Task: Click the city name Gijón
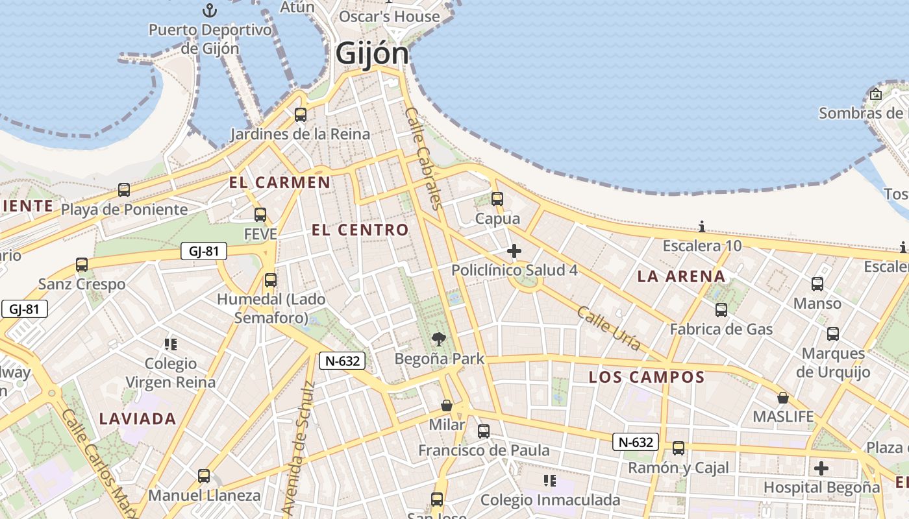tap(372, 54)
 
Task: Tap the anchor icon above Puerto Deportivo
tap(209, 10)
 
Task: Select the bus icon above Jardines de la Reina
tap(300, 115)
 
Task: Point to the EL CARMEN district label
tap(280, 183)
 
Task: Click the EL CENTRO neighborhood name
tap(360, 230)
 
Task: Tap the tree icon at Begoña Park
tap(439, 339)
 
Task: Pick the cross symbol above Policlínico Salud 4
tap(514, 251)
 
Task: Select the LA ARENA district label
tap(681, 276)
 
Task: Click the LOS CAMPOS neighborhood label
tap(647, 377)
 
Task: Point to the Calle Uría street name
tap(608, 328)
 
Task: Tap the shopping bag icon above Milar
tap(447, 405)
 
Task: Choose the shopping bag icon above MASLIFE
tap(783, 398)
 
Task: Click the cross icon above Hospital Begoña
tap(821, 468)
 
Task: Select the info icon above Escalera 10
tap(702, 226)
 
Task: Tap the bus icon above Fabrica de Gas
tap(721, 309)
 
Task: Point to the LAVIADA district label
tap(138, 419)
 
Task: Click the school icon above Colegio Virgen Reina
tap(171, 344)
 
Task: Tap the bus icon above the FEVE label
tap(260, 214)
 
